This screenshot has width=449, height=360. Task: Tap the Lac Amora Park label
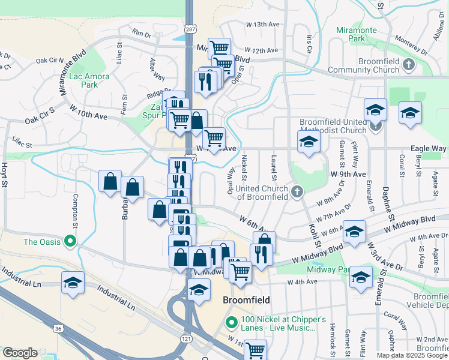point(83,80)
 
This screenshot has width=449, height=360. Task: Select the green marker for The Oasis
point(70,242)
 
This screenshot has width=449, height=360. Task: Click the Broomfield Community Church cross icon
point(409,64)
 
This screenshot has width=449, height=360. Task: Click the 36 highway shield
point(58,329)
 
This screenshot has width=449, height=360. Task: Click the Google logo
point(20,353)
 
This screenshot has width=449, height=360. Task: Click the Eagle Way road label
point(428,148)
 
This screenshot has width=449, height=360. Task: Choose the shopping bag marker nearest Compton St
point(110,182)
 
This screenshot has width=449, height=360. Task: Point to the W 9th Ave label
point(348,174)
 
